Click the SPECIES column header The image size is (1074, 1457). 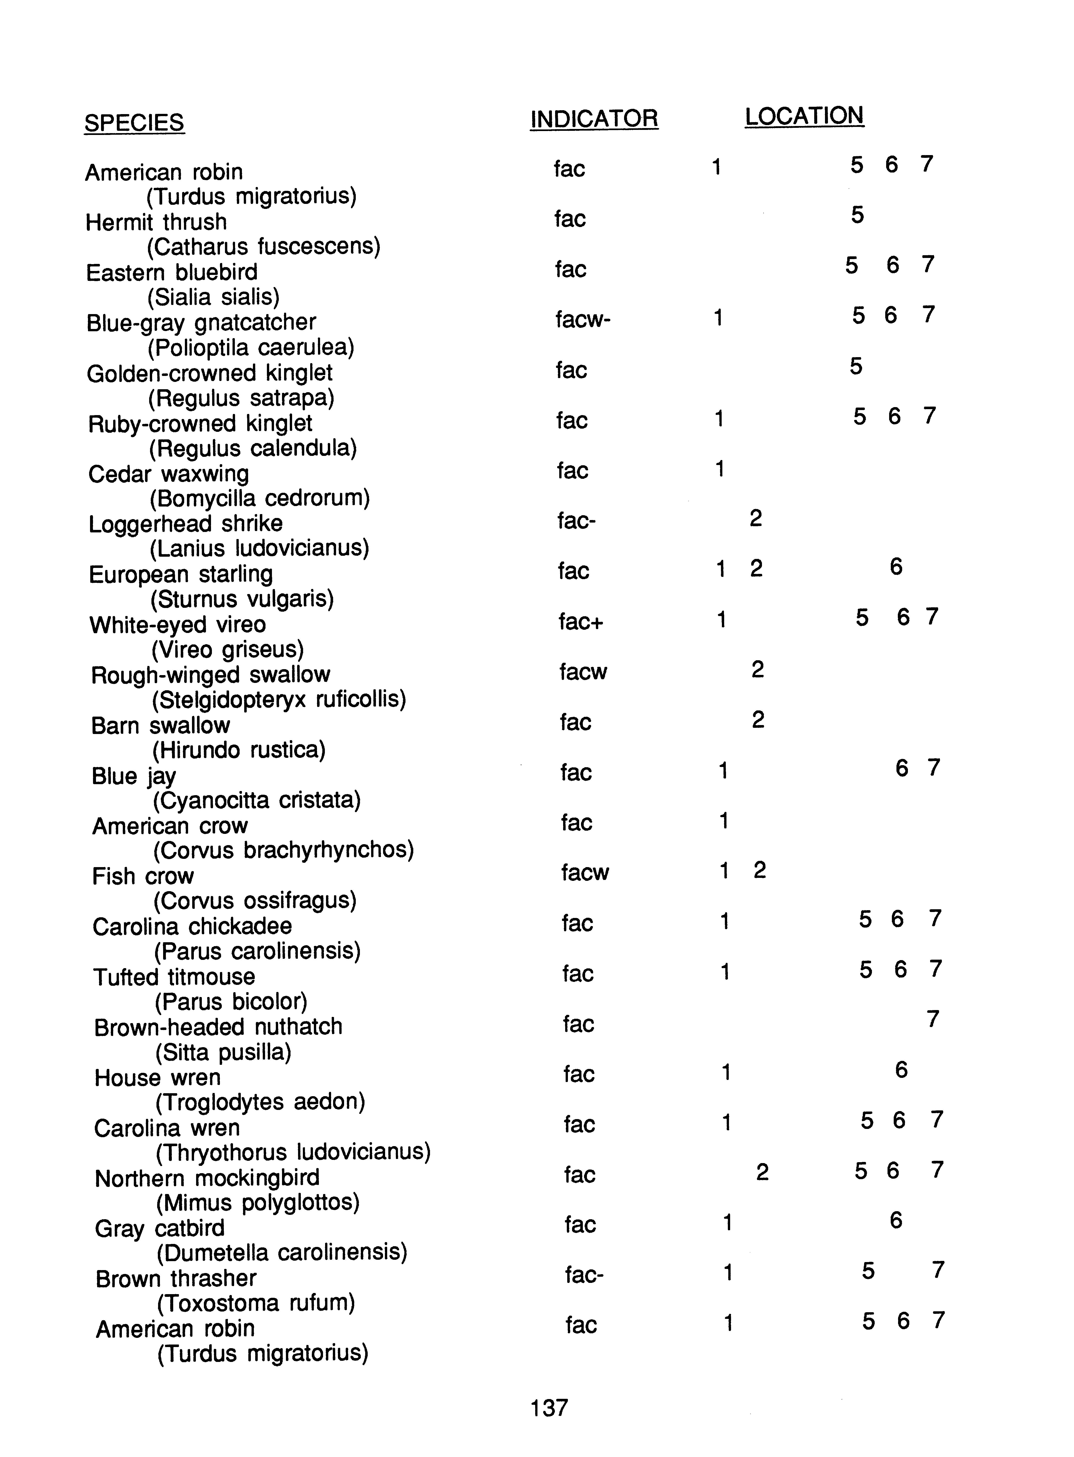click(134, 123)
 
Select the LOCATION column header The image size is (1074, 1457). click(804, 116)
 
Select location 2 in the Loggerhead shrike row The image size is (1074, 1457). click(755, 518)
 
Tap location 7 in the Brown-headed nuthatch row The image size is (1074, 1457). click(933, 1019)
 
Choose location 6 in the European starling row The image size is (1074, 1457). click(896, 567)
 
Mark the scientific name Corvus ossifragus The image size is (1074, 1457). click(255, 901)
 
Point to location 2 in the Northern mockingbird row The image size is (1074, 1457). click(763, 1172)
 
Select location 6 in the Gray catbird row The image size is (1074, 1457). click(896, 1220)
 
